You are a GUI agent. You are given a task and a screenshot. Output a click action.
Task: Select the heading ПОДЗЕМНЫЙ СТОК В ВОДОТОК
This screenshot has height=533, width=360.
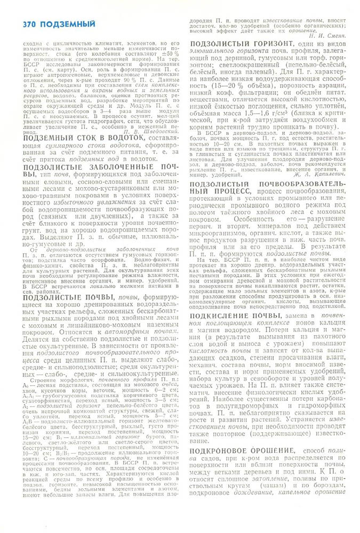coord(84,152)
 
